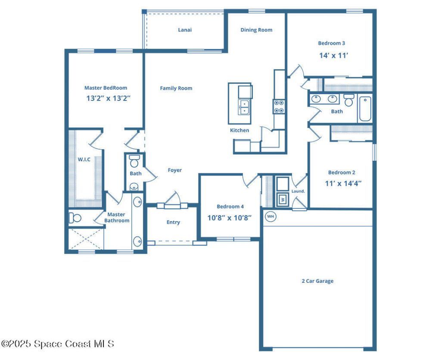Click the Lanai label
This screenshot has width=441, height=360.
click(x=185, y=30)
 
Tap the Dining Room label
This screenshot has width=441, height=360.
click(x=256, y=30)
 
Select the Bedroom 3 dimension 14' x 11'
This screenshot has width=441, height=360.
click(x=333, y=56)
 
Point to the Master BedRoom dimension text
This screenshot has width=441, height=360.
click(x=108, y=98)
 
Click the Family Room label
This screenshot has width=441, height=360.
click(x=176, y=88)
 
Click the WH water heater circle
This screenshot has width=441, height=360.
click(x=270, y=216)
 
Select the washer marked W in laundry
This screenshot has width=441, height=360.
click(x=283, y=199)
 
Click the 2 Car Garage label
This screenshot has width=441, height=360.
click(x=317, y=281)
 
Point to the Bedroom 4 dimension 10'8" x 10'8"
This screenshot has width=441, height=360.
click(x=230, y=218)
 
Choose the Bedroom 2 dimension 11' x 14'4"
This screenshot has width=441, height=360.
click(x=343, y=183)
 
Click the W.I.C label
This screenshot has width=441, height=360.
click(x=84, y=160)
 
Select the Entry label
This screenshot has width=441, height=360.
click(x=173, y=222)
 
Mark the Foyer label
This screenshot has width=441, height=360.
click(x=174, y=170)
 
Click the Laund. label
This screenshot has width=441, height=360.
click(x=298, y=191)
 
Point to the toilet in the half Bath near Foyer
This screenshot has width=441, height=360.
click(x=134, y=161)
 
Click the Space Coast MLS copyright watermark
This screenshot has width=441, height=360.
click(x=58, y=344)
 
